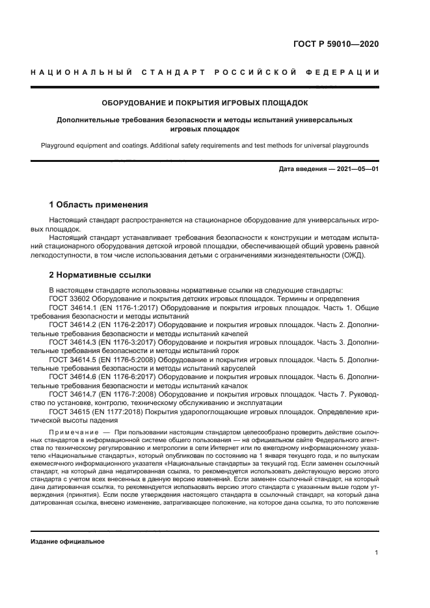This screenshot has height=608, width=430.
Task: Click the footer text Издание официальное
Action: (68, 541)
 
